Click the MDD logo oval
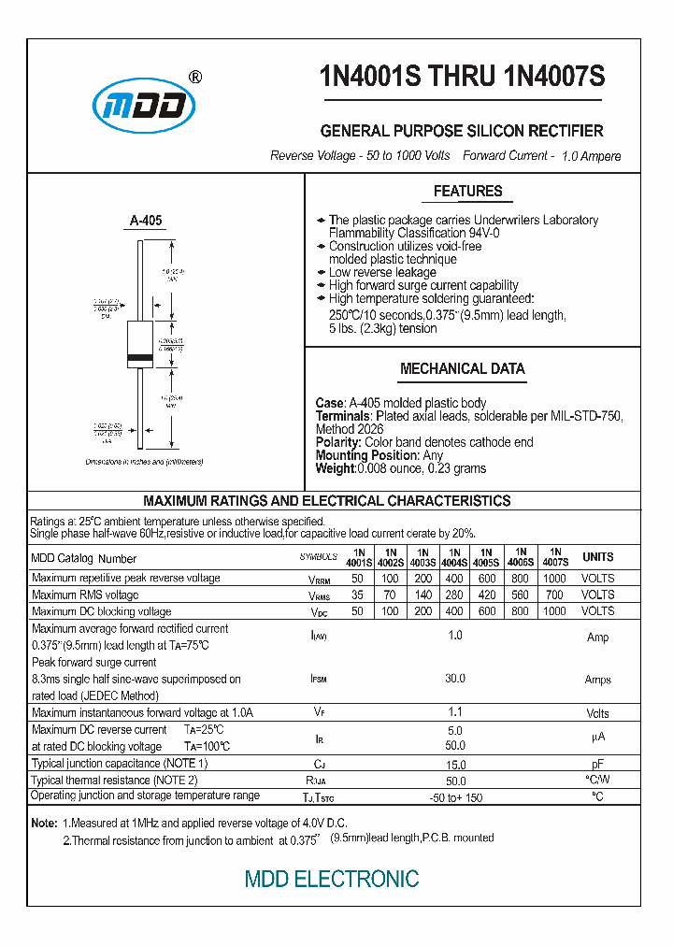(x=143, y=106)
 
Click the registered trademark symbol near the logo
(x=194, y=78)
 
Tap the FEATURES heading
(x=467, y=192)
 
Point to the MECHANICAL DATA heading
(x=462, y=369)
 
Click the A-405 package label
(x=146, y=221)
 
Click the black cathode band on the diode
(x=139, y=359)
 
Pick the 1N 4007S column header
(x=554, y=557)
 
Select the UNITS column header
(x=598, y=557)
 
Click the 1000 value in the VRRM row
(x=554, y=579)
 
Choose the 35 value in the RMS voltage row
(x=357, y=595)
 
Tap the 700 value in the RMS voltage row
(x=554, y=595)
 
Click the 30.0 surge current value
(x=455, y=680)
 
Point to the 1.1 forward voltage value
(x=455, y=712)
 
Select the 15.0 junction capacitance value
(x=455, y=765)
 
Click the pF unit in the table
(x=598, y=765)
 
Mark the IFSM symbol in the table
(x=319, y=680)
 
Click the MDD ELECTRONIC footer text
(x=331, y=880)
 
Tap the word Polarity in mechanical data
(x=337, y=442)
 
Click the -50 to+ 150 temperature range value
(x=455, y=796)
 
